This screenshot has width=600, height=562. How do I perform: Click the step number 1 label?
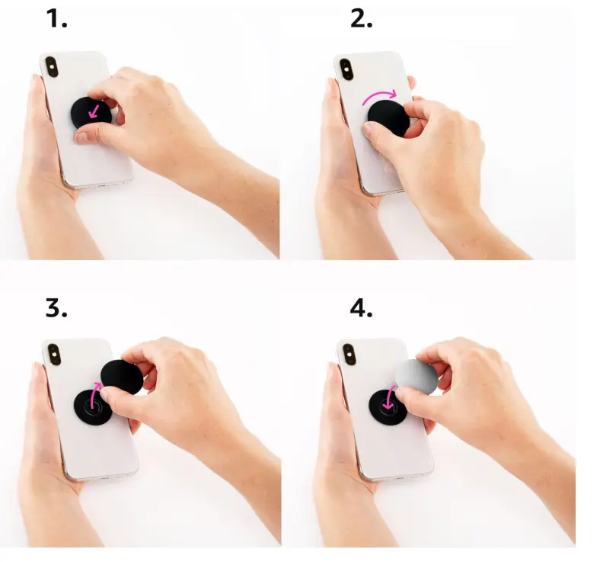tap(56, 19)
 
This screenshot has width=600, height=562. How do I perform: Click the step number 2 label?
tap(361, 19)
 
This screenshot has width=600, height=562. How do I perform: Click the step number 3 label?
tap(56, 308)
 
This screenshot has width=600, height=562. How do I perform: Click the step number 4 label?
tap(361, 308)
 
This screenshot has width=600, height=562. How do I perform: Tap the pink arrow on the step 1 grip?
tap(94, 111)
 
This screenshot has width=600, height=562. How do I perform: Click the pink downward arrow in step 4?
tap(391, 398)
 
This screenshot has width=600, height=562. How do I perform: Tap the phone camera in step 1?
tap(52, 66)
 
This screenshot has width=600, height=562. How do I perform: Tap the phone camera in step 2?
tap(346, 69)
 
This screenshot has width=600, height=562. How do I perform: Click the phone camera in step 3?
tap(55, 355)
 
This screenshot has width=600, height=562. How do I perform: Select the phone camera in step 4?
tap(349, 355)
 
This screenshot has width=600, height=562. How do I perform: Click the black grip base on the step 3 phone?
tap(93, 407)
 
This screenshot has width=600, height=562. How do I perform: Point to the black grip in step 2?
tap(388, 118)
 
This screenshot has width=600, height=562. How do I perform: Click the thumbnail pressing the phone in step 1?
tap(81, 137)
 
